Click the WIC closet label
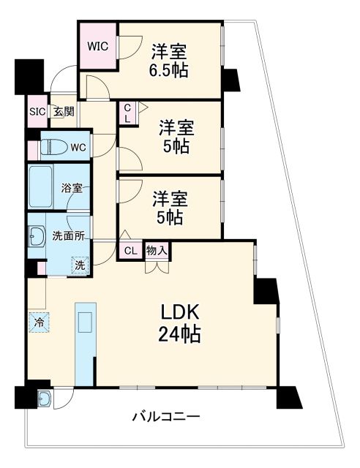(x=98, y=46)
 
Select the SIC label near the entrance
(x=37, y=112)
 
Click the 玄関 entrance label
(x=63, y=112)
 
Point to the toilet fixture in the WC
(x=51, y=147)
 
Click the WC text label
(x=78, y=147)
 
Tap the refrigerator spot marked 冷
(x=37, y=321)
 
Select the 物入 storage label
(x=157, y=250)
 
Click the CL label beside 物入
(x=130, y=250)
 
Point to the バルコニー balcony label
(x=165, y=418)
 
